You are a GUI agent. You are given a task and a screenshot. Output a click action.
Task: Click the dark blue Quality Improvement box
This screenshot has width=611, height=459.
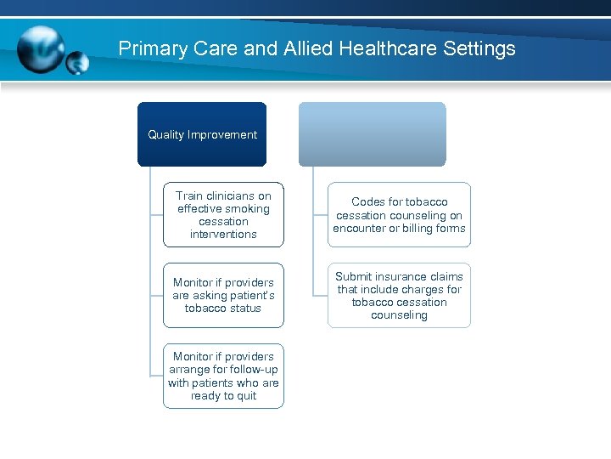click(x=202, y=134)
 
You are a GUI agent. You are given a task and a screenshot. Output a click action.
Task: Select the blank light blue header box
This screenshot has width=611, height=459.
click(x=372, y=134)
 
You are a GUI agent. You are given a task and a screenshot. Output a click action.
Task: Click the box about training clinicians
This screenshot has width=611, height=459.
click(x=223, y=215)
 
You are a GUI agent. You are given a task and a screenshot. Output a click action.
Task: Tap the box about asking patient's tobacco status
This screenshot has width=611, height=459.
click(x=223, y=295)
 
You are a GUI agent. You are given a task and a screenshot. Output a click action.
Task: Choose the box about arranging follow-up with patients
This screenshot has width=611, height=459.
click(x=223, y=376)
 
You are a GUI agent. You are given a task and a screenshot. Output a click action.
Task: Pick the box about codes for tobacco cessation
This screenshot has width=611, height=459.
click(x=399, y=215)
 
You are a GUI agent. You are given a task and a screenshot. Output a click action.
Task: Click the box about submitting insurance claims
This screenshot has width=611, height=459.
click(x=399, y=295)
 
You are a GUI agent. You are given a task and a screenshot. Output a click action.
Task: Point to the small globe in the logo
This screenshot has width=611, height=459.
click(x=77, y=63)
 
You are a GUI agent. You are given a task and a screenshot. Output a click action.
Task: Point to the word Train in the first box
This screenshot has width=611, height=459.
click(x=190, y=195)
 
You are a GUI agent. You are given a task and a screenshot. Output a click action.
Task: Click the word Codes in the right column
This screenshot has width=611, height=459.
click(x=368, y=202)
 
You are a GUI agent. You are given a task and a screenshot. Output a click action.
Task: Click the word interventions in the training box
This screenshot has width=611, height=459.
click(x=223, y=235)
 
